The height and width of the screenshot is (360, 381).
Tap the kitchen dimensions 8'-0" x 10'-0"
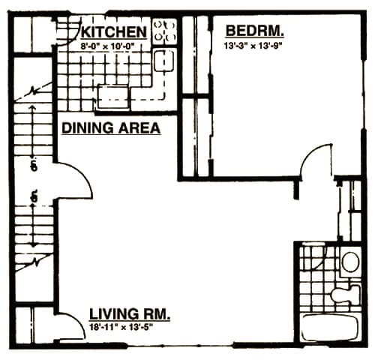coord(112,46)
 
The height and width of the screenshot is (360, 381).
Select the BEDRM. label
coord(255,31)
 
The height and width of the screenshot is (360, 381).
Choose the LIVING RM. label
coord(130,313)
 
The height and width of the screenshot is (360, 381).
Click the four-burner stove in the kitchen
coord(164,31)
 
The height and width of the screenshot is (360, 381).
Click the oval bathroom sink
coord(349,262)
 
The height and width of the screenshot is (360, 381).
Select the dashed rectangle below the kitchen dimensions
coord(112,94)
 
